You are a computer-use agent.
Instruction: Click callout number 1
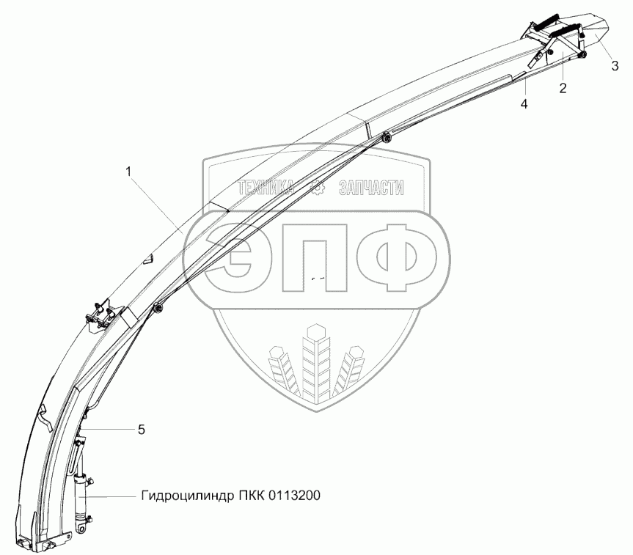129,172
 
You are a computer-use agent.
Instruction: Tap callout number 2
563,89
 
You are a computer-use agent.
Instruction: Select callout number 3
615,65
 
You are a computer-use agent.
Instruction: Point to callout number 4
524,104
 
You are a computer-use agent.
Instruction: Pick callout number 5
141,430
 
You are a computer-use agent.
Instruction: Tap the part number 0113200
293,496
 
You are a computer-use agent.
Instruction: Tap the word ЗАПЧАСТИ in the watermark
371,188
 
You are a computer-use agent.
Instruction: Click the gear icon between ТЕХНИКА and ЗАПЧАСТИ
318,188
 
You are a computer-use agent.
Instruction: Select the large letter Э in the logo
237,257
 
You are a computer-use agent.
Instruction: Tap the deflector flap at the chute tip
591,34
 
